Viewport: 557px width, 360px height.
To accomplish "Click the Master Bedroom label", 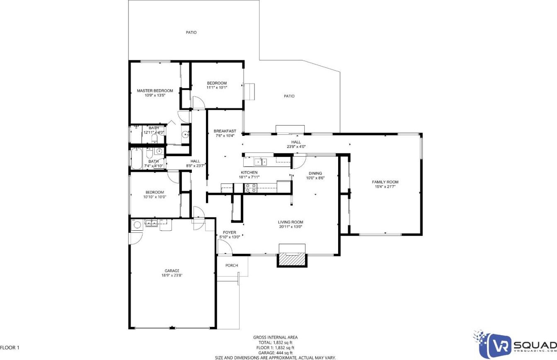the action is [155, 91].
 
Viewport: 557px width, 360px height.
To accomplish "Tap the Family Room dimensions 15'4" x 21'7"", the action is [385, 186].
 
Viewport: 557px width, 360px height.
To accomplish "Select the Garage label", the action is [172, 271].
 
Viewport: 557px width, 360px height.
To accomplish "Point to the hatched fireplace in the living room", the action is [292, 260].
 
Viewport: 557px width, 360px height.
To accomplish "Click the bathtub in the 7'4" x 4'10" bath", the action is [136, 159].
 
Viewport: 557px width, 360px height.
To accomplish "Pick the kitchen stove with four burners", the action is [250, 188].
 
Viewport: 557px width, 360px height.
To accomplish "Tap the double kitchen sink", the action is [260, 162].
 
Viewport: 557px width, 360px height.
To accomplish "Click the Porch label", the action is [232, 266].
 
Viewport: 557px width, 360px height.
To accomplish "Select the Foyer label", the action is [230, 232].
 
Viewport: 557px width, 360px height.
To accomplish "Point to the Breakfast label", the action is [225, 131].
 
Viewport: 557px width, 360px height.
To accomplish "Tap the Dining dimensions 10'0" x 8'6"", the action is [315, 178].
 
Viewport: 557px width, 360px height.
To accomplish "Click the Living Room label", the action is [291, 222].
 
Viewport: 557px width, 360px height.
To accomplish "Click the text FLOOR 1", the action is [10, 348].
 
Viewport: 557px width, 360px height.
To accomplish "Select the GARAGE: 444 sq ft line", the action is [276, 353].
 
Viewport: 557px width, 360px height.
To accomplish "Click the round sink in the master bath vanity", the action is [186, 135].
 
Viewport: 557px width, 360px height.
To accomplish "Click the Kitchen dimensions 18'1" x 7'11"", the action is [249, 177].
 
